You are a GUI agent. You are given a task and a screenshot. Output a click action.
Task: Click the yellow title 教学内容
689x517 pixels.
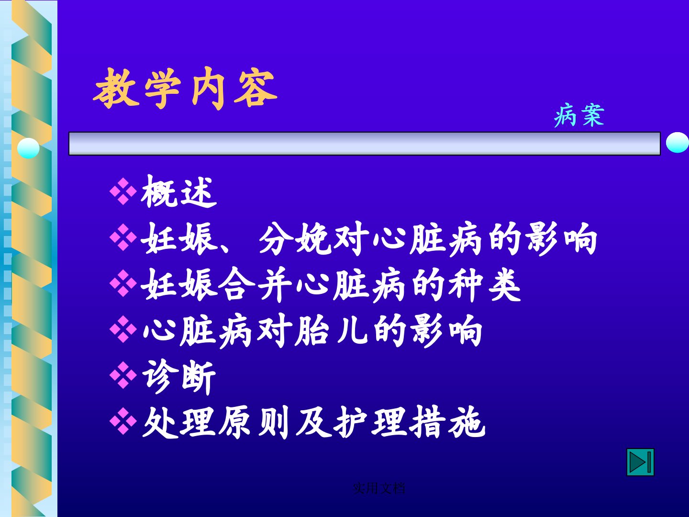(x=185, y=88)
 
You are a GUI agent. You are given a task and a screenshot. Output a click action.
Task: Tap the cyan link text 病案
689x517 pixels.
(x=579, y=115)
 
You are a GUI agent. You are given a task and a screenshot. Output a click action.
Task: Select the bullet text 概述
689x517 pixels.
(x=179, y=191)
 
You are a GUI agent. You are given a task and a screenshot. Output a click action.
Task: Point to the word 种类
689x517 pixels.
(x=484, y=285)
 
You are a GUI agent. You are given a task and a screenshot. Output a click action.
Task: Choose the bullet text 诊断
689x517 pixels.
(x=179, y=377)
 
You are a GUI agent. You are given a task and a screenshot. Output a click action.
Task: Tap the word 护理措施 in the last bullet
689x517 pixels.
(x=409, y=423)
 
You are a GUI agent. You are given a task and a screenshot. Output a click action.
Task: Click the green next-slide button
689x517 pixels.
(x=640, y=462)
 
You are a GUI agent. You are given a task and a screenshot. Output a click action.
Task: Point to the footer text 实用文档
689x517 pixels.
(x=379, y=488)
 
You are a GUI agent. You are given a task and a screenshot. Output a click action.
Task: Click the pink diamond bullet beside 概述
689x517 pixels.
(x=123, y=191)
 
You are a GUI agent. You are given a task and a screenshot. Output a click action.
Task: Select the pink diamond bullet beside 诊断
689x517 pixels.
(x=123, y=375)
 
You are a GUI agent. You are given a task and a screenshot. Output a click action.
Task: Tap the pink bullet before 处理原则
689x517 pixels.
(x=123, y=421)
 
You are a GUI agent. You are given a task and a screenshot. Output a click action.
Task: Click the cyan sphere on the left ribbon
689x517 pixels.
(x=28, y=148)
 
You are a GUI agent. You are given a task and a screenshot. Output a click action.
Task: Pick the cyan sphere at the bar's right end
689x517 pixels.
(x=678, y=143)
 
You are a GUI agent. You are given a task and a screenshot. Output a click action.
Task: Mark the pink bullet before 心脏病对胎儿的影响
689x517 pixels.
(x=123, y=329)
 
